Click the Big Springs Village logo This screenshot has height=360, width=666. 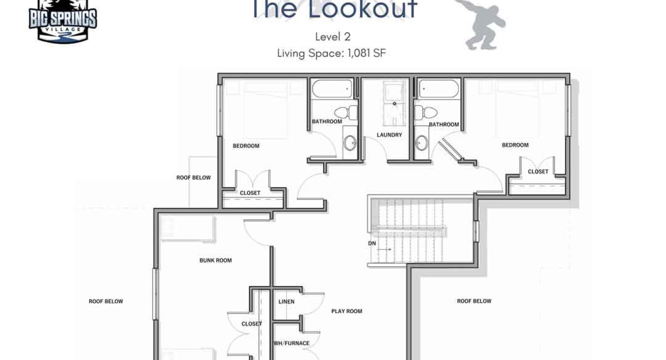click(x=63, y=21)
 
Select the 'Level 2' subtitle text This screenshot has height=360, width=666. click(x=333, y=37)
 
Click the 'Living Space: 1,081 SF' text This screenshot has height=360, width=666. click(x=332, y=54)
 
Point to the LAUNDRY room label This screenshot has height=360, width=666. click(x=389, y=135)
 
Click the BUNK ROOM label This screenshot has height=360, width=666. click(x=216, y=260)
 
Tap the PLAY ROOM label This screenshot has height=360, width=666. click(x=347, y=311)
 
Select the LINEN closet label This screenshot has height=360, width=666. click(x=286, y=302)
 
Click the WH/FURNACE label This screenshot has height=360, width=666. click(x=292, y=343)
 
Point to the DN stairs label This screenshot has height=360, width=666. click(x=372, y=244)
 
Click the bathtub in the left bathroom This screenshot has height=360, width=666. click(x=332, y=88)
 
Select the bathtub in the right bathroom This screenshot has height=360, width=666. click(x=439, y=88)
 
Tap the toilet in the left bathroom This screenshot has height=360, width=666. click(x=346, y=112)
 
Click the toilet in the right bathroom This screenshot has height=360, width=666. click(x=426, y=112)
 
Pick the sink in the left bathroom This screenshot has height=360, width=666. click(x=350, y=143)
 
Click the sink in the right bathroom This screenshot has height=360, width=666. click(x=422, y=143)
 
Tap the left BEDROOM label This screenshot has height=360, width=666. click(x=246, y=146)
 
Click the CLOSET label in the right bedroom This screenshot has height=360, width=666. click(x=538, y=172)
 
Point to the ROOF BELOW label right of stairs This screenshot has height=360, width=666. click(x=474, y=301)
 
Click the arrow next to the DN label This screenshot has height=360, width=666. click(x=385, y=250)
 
